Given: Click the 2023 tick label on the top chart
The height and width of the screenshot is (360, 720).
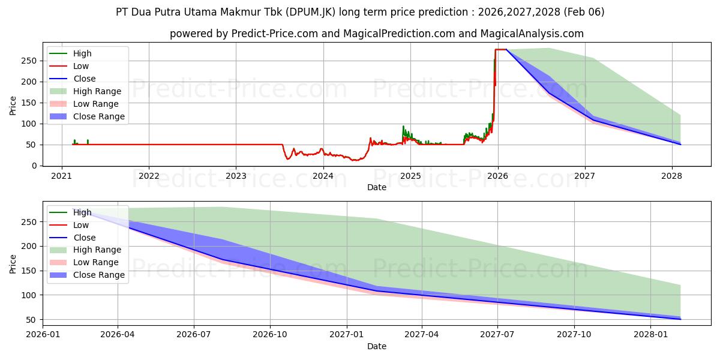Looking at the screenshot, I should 236,176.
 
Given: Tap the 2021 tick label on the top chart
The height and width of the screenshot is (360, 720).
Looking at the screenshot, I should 62,176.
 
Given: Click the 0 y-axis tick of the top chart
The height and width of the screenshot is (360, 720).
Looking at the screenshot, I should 34,166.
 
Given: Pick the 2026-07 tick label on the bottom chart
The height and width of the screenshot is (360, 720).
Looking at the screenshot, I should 194,334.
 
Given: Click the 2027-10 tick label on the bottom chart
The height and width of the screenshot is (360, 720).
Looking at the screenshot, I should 574,334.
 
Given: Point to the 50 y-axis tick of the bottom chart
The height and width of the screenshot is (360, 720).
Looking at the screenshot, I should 31,320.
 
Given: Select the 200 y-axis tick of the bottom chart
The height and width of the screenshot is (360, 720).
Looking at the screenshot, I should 29,247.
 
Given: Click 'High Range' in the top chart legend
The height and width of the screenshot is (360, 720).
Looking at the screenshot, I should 97,91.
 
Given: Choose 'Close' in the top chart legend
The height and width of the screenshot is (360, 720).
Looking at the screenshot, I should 85,79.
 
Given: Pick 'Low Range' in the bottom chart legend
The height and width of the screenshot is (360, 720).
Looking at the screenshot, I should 96,262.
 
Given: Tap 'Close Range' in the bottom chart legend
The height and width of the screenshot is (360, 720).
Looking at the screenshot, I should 99,275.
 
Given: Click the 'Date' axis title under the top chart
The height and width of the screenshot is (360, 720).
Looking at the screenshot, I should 376,187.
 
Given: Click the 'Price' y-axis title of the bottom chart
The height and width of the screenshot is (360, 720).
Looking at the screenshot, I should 13,263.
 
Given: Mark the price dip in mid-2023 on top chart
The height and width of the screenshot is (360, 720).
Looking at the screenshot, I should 288,158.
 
